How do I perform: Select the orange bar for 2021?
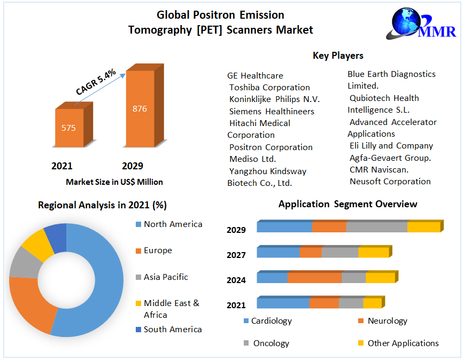point(69,128)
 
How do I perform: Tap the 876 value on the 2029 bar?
point(140,109)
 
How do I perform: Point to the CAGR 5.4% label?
point(96,82)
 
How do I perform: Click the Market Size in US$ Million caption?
point(114,182)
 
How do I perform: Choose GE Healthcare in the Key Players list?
point(255,75)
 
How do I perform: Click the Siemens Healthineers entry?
point(272,111)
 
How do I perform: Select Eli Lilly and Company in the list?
point(391,146)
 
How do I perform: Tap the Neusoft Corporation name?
point(390,182)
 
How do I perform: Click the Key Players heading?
point(338,56)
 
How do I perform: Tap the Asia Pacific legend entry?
point(166,277)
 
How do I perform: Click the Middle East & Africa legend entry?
point(171,309)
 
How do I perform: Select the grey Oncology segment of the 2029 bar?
point(376,227)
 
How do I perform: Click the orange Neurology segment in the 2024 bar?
point(314,278)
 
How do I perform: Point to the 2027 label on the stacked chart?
point(236,255)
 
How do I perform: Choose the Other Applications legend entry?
point(403,343)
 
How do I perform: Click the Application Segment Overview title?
point(347,204)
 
